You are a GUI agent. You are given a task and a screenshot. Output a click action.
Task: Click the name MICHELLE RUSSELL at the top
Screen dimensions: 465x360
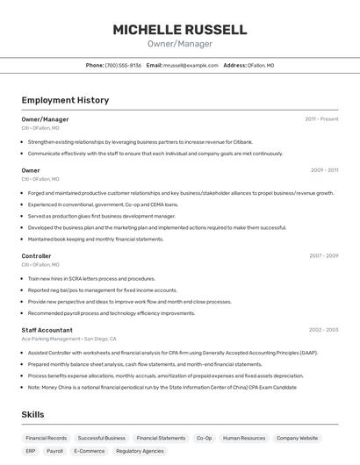pos(179,29)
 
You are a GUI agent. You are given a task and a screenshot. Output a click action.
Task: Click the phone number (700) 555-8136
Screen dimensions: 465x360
pos(123,65)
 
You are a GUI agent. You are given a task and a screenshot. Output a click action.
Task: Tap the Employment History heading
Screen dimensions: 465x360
pos(65,100)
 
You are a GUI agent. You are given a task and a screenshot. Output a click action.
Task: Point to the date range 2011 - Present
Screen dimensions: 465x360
pos(321,119)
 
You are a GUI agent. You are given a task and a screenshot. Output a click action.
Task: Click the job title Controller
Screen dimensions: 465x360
pos(36,256)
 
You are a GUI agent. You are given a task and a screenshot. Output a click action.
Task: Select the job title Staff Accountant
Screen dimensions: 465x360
pos(47,330)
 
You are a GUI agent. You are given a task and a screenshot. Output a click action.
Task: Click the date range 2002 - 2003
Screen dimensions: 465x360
pos(323,330)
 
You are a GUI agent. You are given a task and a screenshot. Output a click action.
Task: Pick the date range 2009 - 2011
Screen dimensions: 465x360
pos(323,170)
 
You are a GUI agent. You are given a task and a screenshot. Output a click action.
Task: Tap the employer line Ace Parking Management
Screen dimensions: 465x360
pos(52,339)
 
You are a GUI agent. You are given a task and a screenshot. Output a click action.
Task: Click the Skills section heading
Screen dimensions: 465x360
pos(33,414)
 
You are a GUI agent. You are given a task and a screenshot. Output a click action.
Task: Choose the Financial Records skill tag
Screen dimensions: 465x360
pos(46,438)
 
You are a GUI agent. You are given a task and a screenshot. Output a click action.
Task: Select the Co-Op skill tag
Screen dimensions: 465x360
pos(204,438)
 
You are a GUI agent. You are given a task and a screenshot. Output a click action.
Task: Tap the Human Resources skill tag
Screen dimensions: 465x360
pos(243,438)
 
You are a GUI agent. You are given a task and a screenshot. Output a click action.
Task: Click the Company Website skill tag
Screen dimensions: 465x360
pos(297,438)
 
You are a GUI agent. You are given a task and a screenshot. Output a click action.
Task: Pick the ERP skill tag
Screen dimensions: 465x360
pos(31,451)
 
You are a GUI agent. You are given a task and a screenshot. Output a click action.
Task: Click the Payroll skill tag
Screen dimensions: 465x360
pos(54,451)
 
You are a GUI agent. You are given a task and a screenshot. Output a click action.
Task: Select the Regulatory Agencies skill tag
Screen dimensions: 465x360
pos(140,451)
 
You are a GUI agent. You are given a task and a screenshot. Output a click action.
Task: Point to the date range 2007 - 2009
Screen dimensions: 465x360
pos(323,256)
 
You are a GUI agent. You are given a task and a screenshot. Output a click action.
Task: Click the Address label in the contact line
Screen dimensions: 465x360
pos(234,65)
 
